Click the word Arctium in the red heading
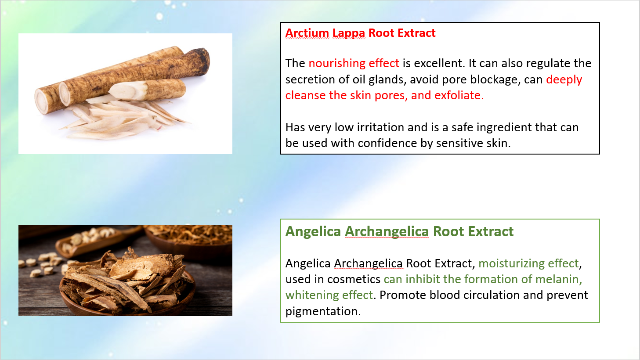307,33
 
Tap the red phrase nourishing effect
354,63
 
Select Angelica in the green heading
313,232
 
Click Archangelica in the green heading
387,232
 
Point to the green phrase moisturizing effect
528,263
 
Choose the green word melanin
559,279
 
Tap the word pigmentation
323,311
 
